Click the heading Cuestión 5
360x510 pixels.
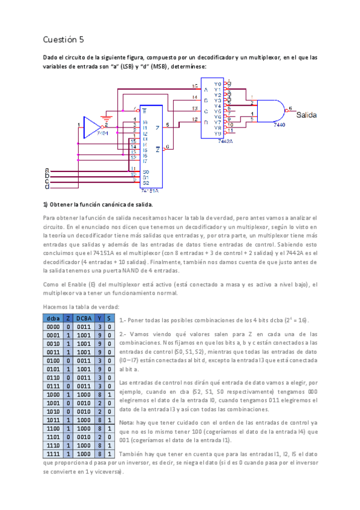click(x=63, y=39)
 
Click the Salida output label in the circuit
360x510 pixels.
click(x=308, y=114)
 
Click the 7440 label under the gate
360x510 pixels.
click(x=279, y=124)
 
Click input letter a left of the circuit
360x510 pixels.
click(x=47, y=171)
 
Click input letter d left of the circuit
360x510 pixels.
click(x=47, y=187)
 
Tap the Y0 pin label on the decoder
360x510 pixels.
click(x=217, y=84)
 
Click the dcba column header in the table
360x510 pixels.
click(x=53, y=318)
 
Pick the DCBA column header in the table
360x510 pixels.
click(x=84, y=318)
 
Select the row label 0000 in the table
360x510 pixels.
click(x=53, y=327)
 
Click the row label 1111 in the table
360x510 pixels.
click(x=53, y=454)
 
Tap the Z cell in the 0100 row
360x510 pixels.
click(x=69, y=361)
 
